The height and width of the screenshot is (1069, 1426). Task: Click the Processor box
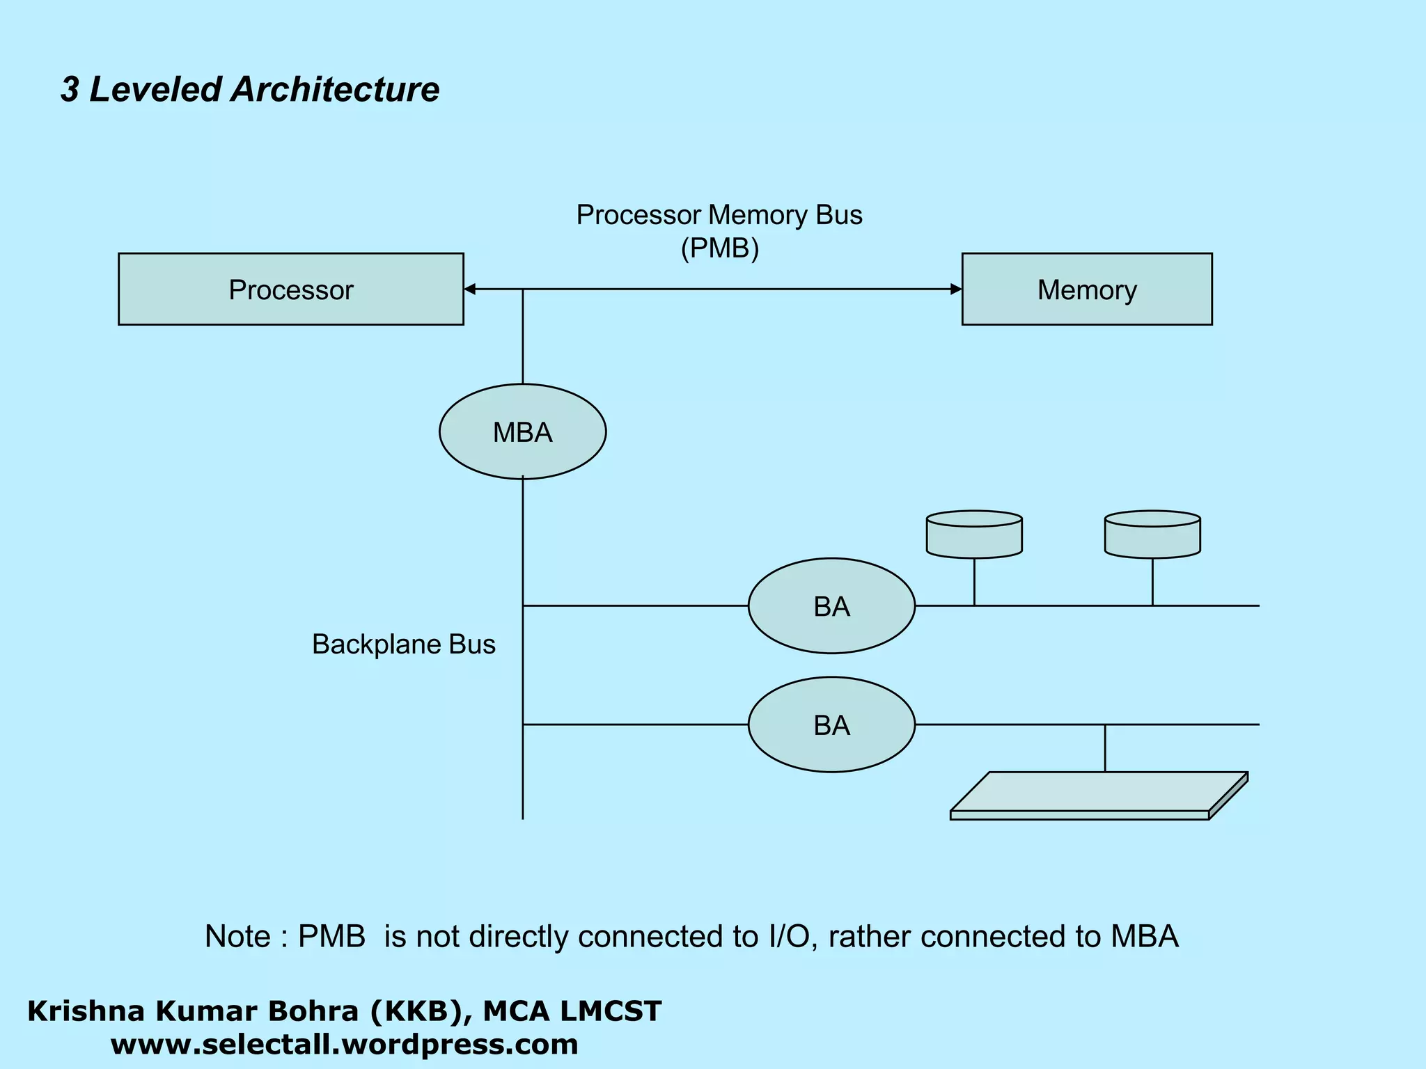pyautogui.click(x=290, y=289)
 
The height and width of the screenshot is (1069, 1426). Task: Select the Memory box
pyautogui.click(x=1086, y=289)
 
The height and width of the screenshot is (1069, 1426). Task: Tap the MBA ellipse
pyautogui.click(x=522, y=431)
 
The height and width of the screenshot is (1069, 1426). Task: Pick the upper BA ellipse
pyautogui.click(x=831, y=605)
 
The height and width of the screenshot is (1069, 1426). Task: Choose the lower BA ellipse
pyautogui.click(x=831, y=724)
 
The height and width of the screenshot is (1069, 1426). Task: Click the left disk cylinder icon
pyautogui.click(x=974, y=534)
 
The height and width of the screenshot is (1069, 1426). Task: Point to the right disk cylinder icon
pyautogui.click(x=1152, y=534)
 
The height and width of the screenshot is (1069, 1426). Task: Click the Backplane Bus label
pyautogui.click(x=403, y=644)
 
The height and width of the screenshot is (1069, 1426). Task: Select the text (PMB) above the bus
pyautogui.click(x=719, y=248)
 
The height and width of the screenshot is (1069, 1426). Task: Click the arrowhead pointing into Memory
pyautogui.click(x=956, y=289)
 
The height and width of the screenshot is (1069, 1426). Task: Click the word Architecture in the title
pyautogui.click(x=335, y=90)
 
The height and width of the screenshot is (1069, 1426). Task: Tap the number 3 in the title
pyautogui.click(x=70, y=90)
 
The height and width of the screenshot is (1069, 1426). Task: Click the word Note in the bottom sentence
pyautogui.click(x=237, y=937)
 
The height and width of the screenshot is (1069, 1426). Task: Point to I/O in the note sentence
pyautogui.click(x=788, y=937)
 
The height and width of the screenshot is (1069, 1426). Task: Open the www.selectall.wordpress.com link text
pyautogui.click(x=344, y=1045)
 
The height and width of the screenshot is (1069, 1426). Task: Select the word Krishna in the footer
pyautogui.click(x=76, y=1011)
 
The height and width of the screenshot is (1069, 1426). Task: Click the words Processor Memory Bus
pyautogui.click(x=719, y=215)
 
